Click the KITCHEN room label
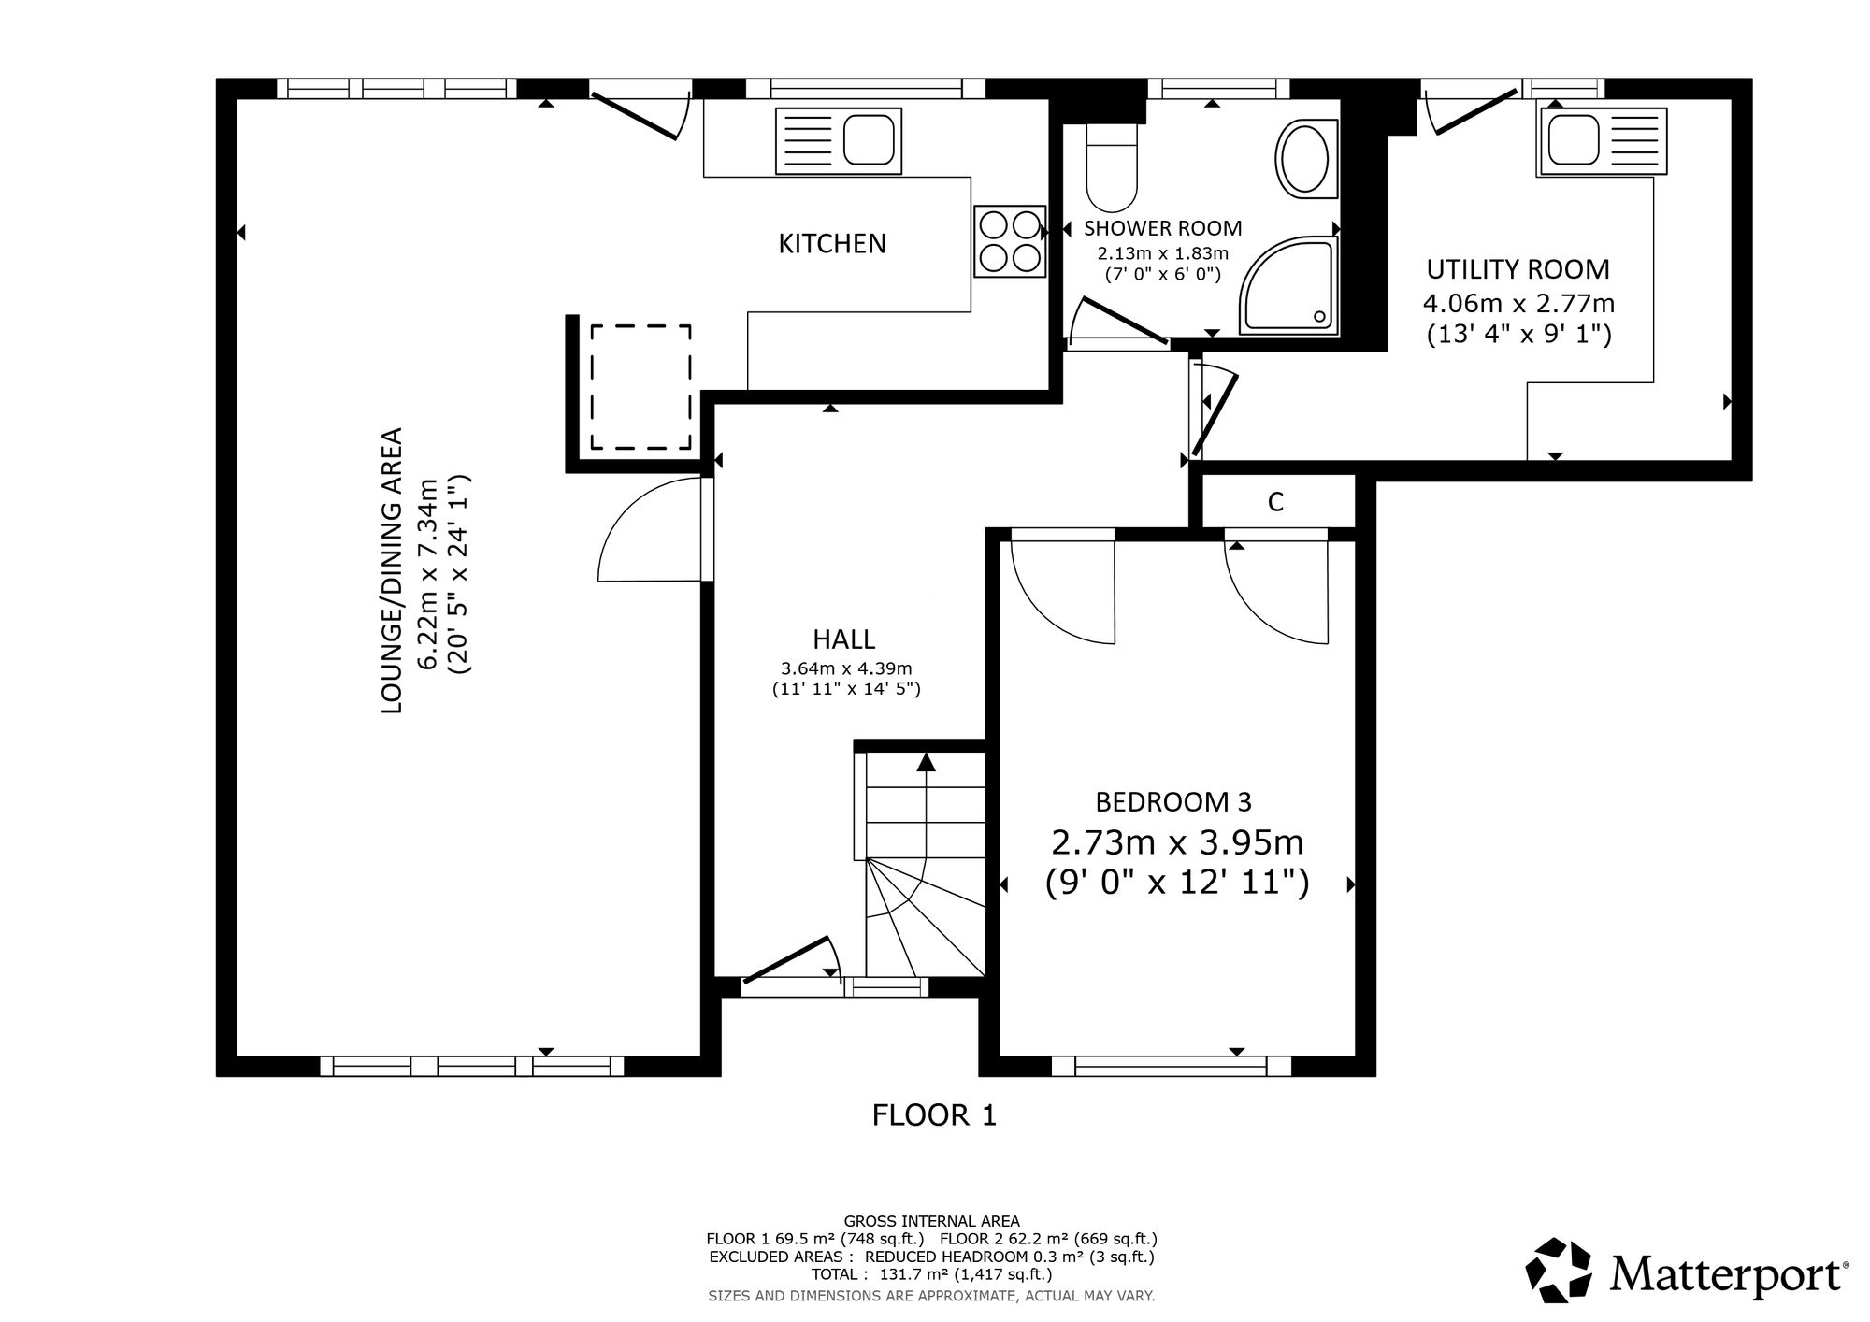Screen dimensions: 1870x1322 click(832, 243)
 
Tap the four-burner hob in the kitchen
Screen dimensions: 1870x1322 click(1010, 241)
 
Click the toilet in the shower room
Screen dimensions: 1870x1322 click(1112, 166)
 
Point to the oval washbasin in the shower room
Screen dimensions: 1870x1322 click(1302, 159)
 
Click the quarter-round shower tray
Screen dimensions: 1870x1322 click(1290, 285)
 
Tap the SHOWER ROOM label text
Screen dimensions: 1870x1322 click(1162, 228)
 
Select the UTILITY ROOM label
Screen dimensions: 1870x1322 click(1518, 269)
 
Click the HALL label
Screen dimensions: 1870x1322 click(843, 639)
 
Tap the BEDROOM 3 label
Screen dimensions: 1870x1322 click(1173, 801)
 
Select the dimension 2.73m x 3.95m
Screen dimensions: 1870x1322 click(1177, 843)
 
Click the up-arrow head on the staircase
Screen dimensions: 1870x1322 click(926, 761)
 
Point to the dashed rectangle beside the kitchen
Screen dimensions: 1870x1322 click(640, 387)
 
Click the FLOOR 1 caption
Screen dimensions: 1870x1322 click(934, 1115)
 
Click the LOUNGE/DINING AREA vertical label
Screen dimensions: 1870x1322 click(393, 570)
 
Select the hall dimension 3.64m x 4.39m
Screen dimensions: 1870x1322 click(846, 668)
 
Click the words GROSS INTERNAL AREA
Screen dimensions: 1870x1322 click(931, 1221)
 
